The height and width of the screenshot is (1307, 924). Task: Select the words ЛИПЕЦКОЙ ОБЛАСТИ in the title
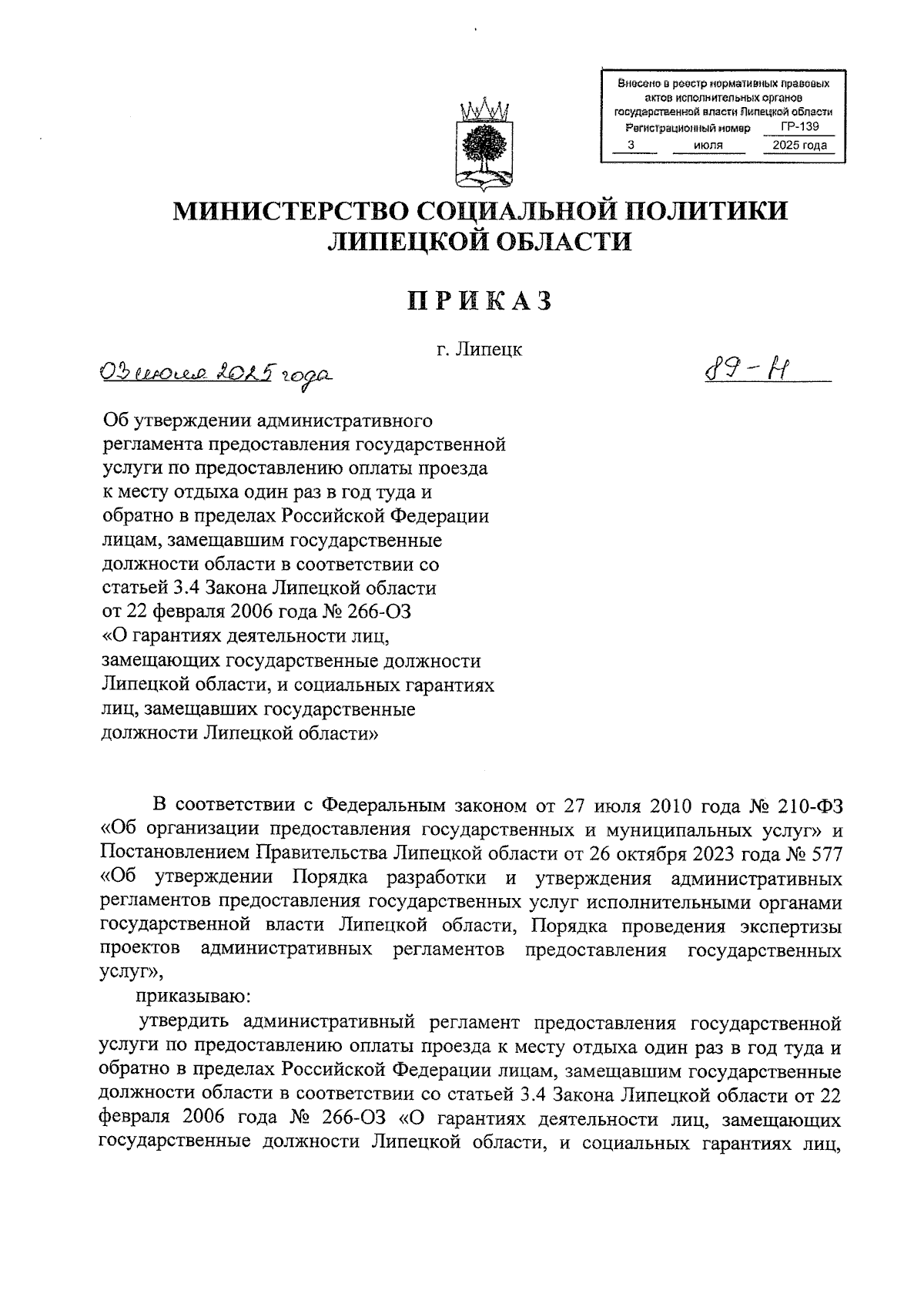tap(480, 242)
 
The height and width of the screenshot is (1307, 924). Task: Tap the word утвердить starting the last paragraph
tap(184, 1023)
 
